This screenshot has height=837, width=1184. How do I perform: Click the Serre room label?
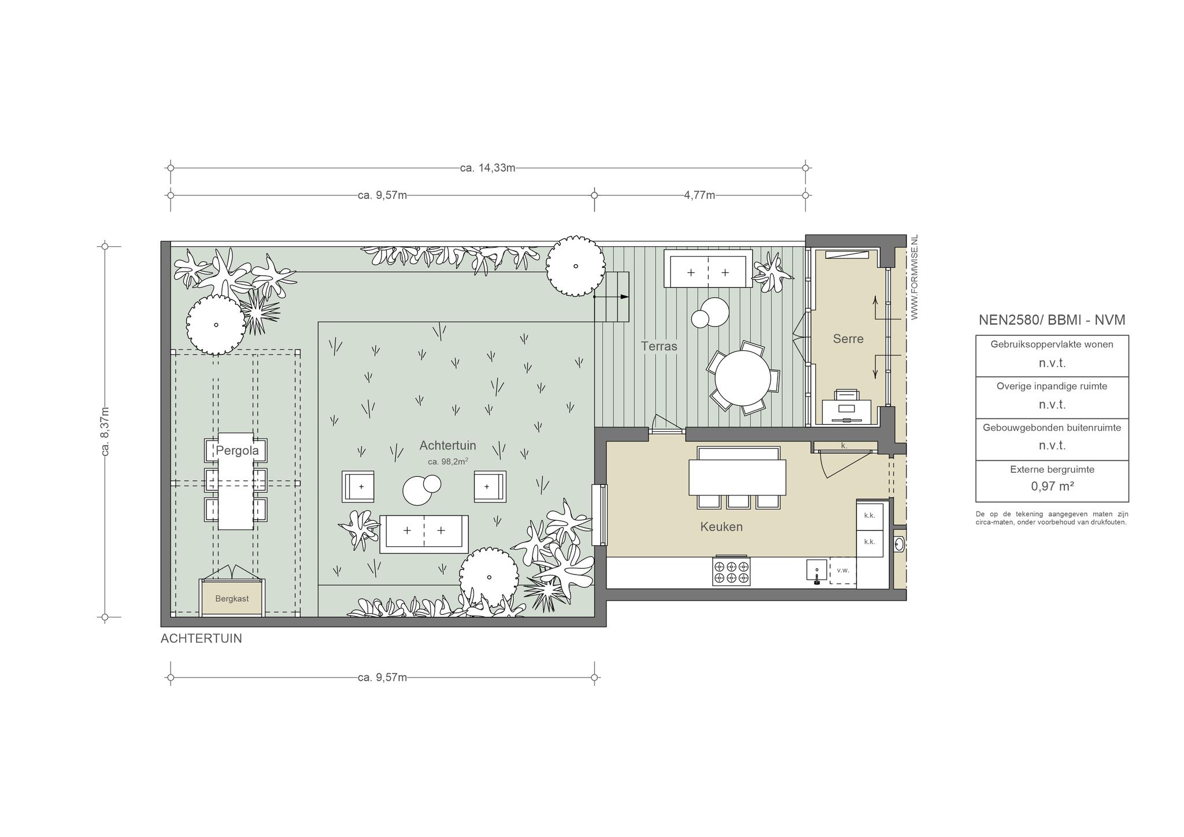coord(848,339)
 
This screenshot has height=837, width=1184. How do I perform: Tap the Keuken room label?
coord(721,527)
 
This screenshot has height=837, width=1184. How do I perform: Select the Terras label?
coord(659,346)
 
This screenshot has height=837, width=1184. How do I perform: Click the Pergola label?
coord(237,450)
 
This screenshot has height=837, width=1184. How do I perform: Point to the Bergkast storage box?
coord(232,598)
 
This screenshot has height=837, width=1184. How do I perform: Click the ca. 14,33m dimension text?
coord(487,168)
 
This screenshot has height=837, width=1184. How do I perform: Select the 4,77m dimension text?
coord(700,195)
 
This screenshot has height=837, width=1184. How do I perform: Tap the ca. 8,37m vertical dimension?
coord(105,431)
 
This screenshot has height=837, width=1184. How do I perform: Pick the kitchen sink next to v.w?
coord(817,569)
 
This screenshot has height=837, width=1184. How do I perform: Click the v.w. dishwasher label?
coord(843,571)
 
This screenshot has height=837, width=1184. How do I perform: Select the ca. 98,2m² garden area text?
coord(447,461)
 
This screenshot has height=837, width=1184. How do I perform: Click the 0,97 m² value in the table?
coord(1052,486)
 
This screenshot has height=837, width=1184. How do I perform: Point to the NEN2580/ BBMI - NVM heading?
coord(1052,320)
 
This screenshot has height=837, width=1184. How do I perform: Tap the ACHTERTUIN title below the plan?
coord(201,639)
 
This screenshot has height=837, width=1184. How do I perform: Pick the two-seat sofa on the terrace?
coord(708,269)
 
